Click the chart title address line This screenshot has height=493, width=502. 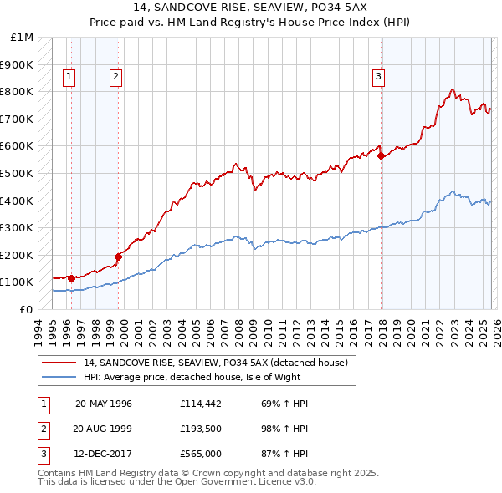[x=251, y=8]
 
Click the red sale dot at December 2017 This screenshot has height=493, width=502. [x=382, y=155]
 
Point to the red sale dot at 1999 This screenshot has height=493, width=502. [x=118, y=257]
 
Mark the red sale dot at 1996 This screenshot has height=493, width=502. [x=71, y=278]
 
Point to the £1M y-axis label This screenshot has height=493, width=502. [x=23, y=38]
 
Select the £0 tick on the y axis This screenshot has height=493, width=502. [x=26, y=309]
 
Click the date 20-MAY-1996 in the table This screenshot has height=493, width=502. [x=103, y=404]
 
